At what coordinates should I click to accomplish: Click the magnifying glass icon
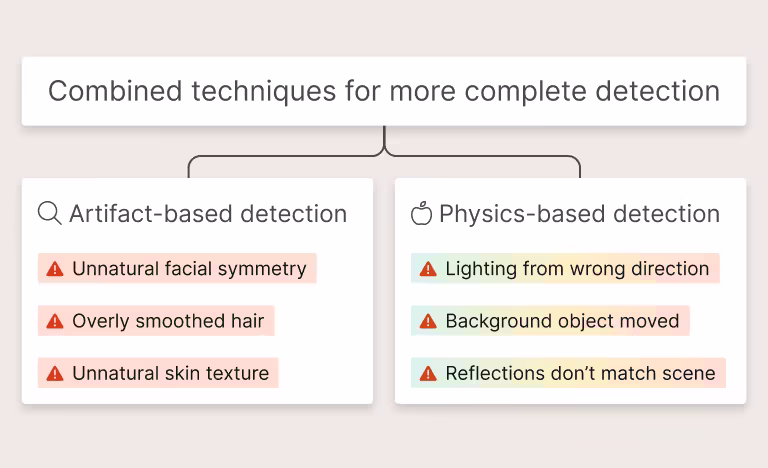(x=49, y=213)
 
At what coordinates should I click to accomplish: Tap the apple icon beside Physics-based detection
(x=421, y=213)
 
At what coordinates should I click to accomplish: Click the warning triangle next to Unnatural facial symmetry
(x=55, y=269)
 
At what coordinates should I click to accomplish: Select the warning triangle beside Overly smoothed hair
(x=55, y=321)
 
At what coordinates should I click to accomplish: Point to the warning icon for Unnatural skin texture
(x=55, y=373)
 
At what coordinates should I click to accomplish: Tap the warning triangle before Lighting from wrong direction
(x=428, y=269)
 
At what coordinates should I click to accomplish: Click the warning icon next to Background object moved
(x=428, y=321)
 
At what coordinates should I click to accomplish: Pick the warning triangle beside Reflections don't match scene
(x=428, y=373)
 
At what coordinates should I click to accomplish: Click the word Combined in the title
(x=115, y=91)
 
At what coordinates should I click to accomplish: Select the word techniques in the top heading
(x=264, y=92)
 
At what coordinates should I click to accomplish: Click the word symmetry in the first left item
(x=262, y=270)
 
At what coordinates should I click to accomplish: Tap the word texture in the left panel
(x=237, y=373)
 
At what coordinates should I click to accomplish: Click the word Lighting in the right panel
(x=481, y=270)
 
